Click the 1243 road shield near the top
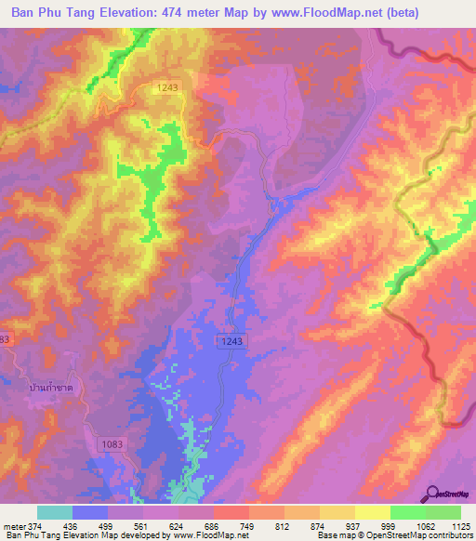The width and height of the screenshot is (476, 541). pyautogui.click(x=168, y=86)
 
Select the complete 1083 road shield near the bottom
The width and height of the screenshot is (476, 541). pyautogui.click(x=111, y=446)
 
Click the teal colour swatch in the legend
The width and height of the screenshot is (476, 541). pyautogui.click(x=55, y=512)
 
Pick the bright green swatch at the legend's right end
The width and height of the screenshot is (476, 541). pyautogui.click(x=443, y=512)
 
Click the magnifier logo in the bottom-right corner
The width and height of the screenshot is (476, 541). pyautogui.click(x=433, y=494)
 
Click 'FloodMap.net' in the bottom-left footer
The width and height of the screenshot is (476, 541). pyautogui.click(x=195, y=535)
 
